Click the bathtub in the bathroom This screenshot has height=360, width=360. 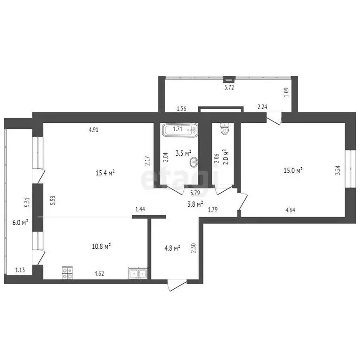coord(180,129)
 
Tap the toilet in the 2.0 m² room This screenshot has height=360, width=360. coord(224,129)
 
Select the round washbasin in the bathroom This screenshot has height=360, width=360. coord(193,163)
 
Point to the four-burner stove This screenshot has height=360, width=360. coord(67,273)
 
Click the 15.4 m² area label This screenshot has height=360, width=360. coord(105,173)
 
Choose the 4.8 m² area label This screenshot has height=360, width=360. coord(171,248)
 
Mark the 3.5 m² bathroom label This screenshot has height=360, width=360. coord(183,153)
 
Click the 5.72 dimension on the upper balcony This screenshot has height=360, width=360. coord(229,87)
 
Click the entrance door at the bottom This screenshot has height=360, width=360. coord(177,285)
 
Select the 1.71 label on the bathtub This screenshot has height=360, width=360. coord(178,129)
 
